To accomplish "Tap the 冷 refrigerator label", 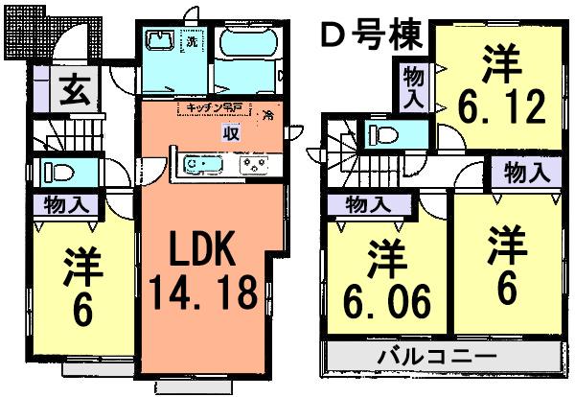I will point(269,115).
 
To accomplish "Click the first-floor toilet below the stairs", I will point(61,174).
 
